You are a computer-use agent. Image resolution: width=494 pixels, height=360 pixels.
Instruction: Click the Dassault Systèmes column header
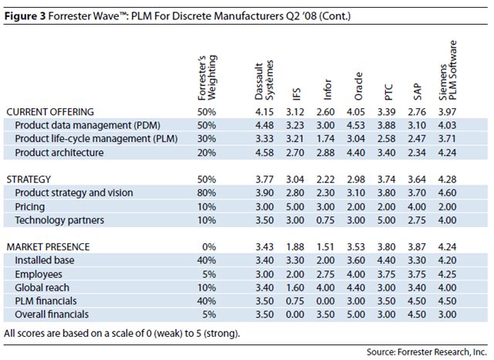point(264,80)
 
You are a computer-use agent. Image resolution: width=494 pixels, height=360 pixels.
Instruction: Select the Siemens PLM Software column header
point(448,70)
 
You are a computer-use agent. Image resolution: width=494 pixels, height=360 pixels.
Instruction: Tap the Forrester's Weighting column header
point(207,78)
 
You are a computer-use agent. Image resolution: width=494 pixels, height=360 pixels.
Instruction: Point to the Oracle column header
point(358,87)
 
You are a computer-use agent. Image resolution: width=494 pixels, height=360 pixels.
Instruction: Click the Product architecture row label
point(59,152)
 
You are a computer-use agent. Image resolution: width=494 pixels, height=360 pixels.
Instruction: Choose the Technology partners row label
point(59,220)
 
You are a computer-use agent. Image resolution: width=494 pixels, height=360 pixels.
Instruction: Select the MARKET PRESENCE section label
point(48,247)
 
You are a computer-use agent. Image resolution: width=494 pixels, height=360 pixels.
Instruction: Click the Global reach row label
point(42,287)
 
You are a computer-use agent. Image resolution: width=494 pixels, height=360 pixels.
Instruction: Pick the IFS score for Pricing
point(295,207)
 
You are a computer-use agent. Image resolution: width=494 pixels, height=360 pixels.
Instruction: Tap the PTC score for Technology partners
point(387,220)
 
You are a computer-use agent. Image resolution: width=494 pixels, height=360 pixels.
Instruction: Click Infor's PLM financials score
point(326,301)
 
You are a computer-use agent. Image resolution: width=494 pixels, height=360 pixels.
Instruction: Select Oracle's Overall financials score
point(356,314)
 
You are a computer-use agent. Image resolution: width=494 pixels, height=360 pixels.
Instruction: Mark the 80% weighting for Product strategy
point(207,193)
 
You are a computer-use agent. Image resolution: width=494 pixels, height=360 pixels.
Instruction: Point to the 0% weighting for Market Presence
point(209,247)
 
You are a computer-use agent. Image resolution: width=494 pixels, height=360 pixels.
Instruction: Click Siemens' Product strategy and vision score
point(448,193)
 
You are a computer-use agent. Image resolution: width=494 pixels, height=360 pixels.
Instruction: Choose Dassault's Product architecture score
point(264,152)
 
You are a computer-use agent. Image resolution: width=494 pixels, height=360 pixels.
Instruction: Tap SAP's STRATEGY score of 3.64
point(417,179)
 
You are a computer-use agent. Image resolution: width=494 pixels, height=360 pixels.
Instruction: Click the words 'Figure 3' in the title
point(25,15)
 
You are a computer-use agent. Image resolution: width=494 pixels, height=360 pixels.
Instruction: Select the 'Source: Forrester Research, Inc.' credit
point(427,352)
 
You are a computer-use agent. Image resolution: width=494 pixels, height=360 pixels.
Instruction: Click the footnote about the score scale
point(122,333)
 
